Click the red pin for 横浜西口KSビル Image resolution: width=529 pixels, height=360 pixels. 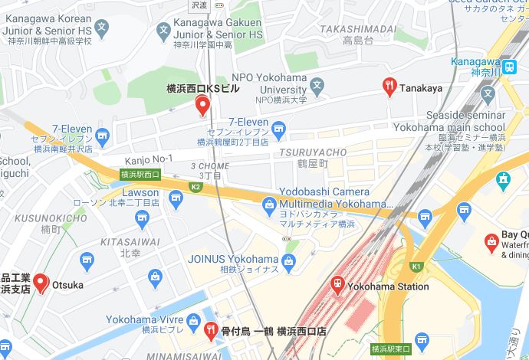coord(202,106)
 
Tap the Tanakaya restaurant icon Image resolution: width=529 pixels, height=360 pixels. coord(389,87)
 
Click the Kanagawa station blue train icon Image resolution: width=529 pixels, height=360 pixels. coord(509,67)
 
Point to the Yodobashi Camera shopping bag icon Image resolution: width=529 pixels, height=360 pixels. coord(269,204)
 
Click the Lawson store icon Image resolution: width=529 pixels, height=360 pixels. coord(176,198)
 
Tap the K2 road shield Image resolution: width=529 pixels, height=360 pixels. coord(195,186)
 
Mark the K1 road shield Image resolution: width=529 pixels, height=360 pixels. coord(418,266)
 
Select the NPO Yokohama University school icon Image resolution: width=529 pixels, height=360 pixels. coord(317,86)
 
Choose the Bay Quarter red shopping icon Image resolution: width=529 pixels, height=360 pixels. coord(491,243)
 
